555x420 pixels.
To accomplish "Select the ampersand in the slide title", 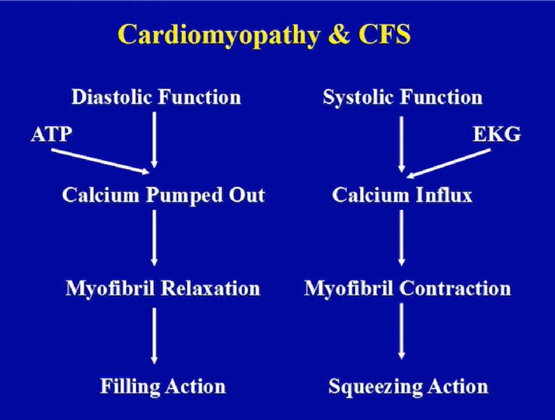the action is (x=338, y=34).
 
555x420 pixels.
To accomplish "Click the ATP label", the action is (x=51, y=134).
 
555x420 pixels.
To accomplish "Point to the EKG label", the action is (x=497, y=134).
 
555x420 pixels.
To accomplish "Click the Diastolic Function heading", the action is (x=156, y=97).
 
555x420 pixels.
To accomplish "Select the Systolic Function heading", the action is (x=402, y=98).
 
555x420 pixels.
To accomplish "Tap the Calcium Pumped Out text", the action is (x=163, y=195).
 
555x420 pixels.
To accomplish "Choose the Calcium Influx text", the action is (x=402, y=195).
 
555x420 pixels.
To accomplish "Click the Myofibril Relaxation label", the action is (x=163, y=289).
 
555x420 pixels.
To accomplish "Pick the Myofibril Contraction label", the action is (x=407, y=289).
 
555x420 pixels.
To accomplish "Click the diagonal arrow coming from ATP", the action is (x=100, y=162).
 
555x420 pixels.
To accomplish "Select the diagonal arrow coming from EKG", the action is (x=448, y=164).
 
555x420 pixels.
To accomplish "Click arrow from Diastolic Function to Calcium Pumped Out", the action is (x=154, y=140).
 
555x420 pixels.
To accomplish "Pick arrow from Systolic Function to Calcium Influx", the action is (x=402, y=144).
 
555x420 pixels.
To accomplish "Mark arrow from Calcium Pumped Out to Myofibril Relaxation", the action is (x=154, y=238).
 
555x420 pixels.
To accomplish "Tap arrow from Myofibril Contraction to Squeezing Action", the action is (x=402, y=331).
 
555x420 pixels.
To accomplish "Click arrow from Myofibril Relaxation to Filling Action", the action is (x=154, y=336).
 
